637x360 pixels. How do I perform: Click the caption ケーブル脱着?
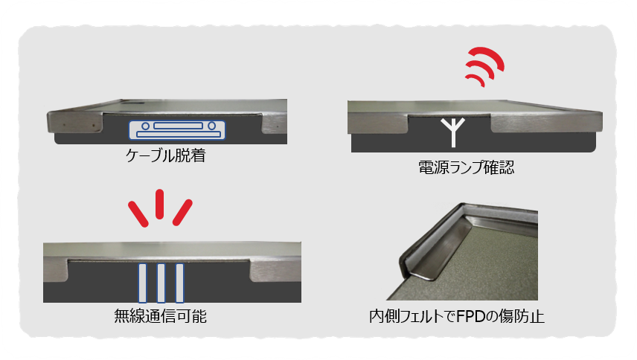[166, 155]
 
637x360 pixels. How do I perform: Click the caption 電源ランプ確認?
[467, 167]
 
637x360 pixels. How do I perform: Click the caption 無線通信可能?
[161, 316]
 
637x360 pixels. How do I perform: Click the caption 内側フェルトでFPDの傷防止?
[457, 316]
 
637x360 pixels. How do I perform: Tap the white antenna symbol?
[453, 132]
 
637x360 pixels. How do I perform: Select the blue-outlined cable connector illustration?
[177, 130]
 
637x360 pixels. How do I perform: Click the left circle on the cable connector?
[145, 126]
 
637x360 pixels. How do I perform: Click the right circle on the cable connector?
[211, 126]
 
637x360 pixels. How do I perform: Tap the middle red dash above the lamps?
[160, 204]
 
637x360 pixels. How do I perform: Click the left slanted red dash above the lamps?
[138, 213]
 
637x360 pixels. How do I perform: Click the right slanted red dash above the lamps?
[182, 212]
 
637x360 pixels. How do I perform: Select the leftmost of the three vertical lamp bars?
[143, 283]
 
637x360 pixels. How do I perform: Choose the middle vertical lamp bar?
[161, 283]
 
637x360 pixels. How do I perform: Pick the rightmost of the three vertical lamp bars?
[179, 283]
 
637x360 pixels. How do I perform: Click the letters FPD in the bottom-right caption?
[471, 316]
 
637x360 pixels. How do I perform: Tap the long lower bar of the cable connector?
[179, 135]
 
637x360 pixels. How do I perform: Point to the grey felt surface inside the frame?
[487, 272]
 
